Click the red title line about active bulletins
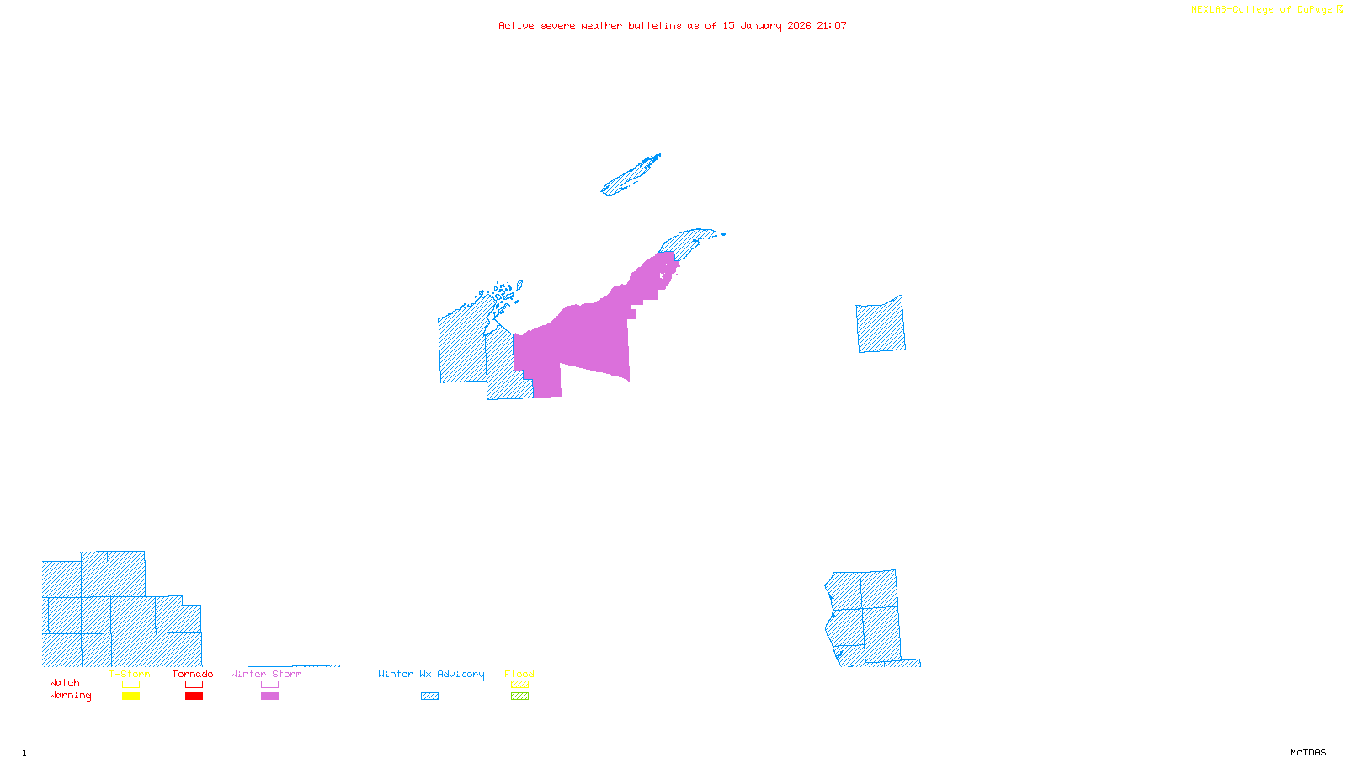point(672,25)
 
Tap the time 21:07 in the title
point(831,25)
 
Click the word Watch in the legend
point(65,683)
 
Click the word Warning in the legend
point(70,696)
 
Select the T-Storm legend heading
point(130,674)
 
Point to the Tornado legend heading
point(193,674)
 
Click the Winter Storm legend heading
point(266,674)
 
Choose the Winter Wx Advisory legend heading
point(431,674)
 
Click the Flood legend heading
point(519,674)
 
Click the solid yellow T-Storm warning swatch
point(130,697)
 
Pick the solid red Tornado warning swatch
point(194,697)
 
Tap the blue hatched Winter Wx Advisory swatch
point(429,697)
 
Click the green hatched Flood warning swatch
point(519,697)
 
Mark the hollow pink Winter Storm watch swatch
point(269,685)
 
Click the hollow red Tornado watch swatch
point(194,685)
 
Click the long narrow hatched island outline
point(631,176)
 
